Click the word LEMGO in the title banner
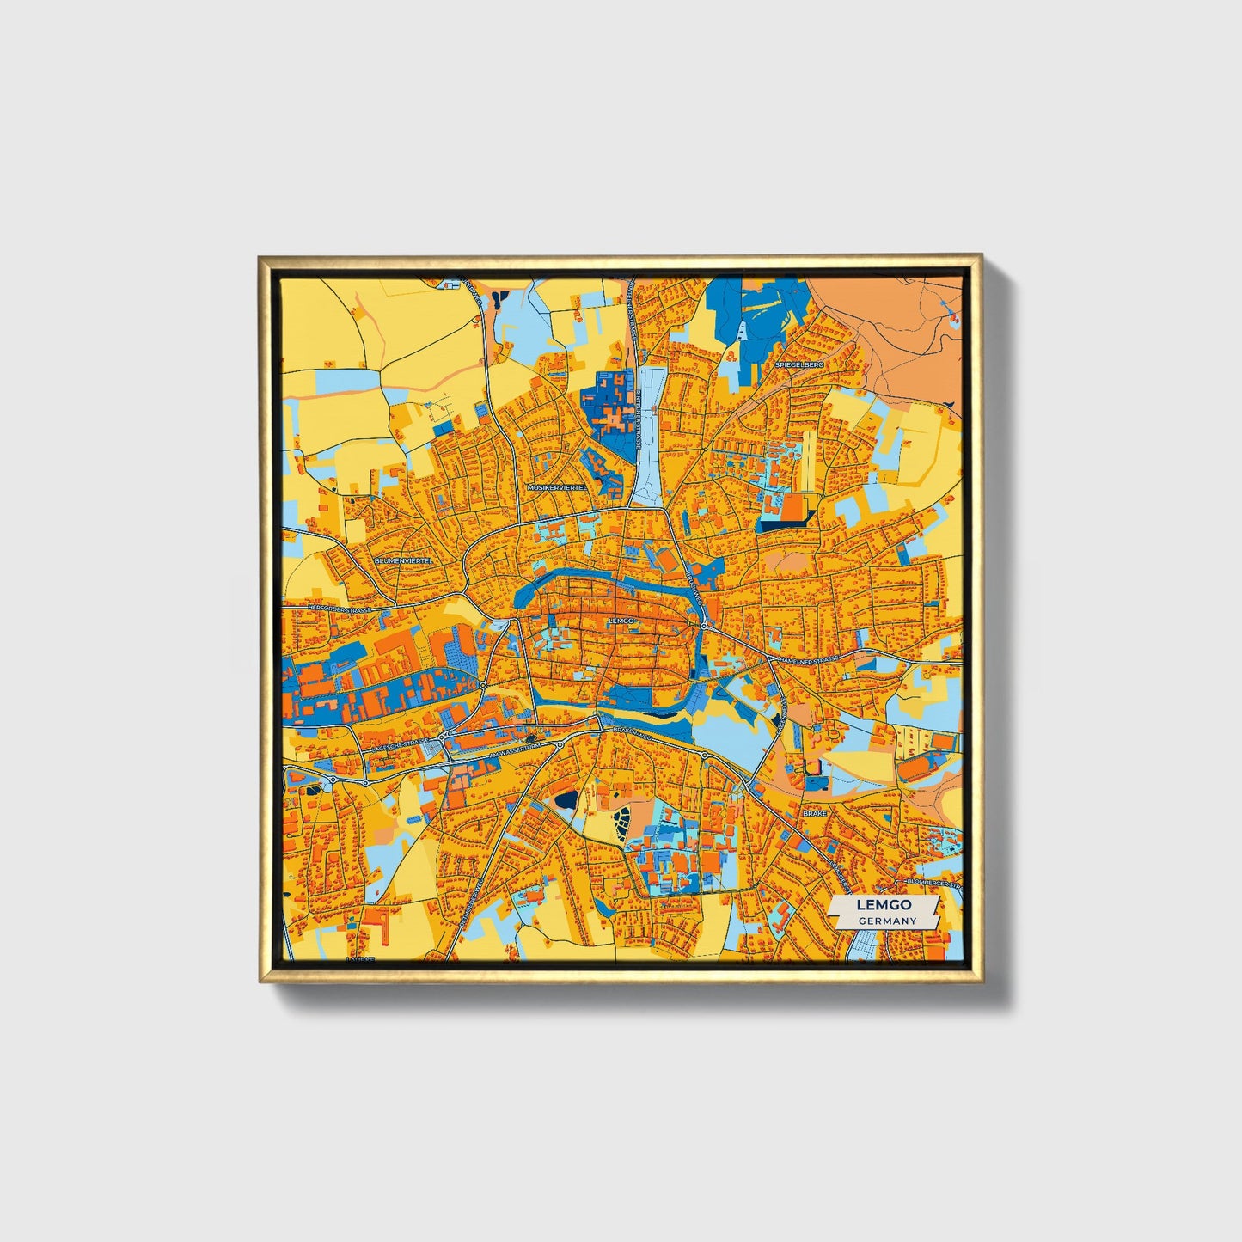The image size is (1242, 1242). click(x=884, y=905)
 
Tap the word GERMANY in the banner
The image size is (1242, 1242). click(x=886, y=921)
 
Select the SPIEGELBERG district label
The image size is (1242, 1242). click(x=799, y=364)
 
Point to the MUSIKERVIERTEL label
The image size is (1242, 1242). click(x=557, y=486)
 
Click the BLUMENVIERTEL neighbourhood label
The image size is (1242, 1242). click(x=405, y=560)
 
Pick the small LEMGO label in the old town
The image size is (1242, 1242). click(x=620, y=620)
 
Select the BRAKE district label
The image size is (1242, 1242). click(x=813, y=812)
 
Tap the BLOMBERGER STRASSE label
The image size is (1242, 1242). click(x=932, y=883)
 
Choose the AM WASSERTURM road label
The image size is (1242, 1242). click(x=515, y=752)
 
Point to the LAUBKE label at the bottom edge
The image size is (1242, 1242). click(x=361, y=958)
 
